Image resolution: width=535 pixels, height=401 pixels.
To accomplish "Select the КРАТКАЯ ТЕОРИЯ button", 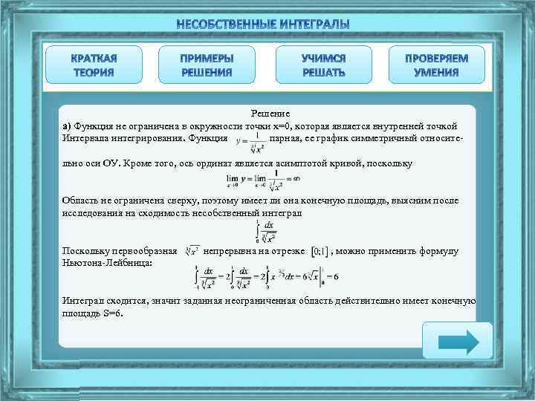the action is [94, 65].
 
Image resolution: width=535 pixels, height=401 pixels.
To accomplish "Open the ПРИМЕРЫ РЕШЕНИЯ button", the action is [207, 65].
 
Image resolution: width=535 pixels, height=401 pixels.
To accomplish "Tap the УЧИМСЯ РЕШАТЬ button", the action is [324, 65].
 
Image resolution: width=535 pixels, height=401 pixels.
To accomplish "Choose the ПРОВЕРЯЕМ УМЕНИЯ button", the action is [437, 65].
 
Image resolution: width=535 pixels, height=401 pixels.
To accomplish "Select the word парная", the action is [286, 138].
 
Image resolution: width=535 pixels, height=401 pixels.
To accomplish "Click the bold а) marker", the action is [67, 125].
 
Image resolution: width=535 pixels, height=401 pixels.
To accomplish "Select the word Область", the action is [81, 200].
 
